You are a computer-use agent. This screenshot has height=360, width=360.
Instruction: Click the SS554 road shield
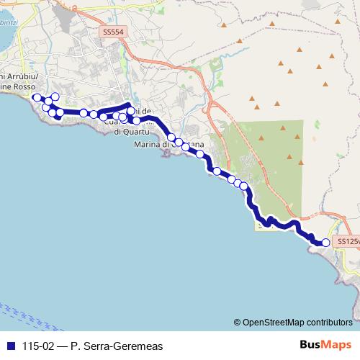pyautogui.click(x=114, y=32)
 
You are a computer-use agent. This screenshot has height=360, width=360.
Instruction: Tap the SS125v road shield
pyautogui.click(x=348, y=240)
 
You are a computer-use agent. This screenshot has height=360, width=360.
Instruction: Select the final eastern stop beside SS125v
pyautogui.click(x=325, y=243)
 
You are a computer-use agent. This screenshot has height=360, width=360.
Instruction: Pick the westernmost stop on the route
pyautogui.click(x=37, y=97)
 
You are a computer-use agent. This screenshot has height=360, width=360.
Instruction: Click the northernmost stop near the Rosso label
pyautogui.click(x=55, y=96)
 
